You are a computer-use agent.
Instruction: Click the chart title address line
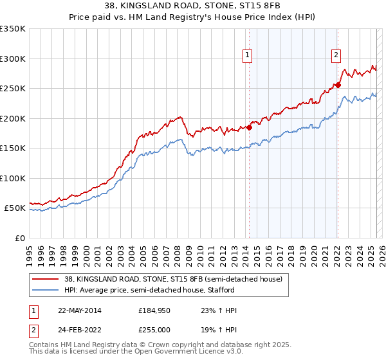coord(192,6)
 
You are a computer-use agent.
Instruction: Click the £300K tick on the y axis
coord(12,59)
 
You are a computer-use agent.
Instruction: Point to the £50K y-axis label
coord(14,208)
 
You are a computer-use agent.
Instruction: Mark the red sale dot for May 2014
coord(250,127)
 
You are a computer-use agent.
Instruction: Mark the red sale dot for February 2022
coord(338,85)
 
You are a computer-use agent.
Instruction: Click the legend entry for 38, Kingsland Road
coord(173,280)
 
